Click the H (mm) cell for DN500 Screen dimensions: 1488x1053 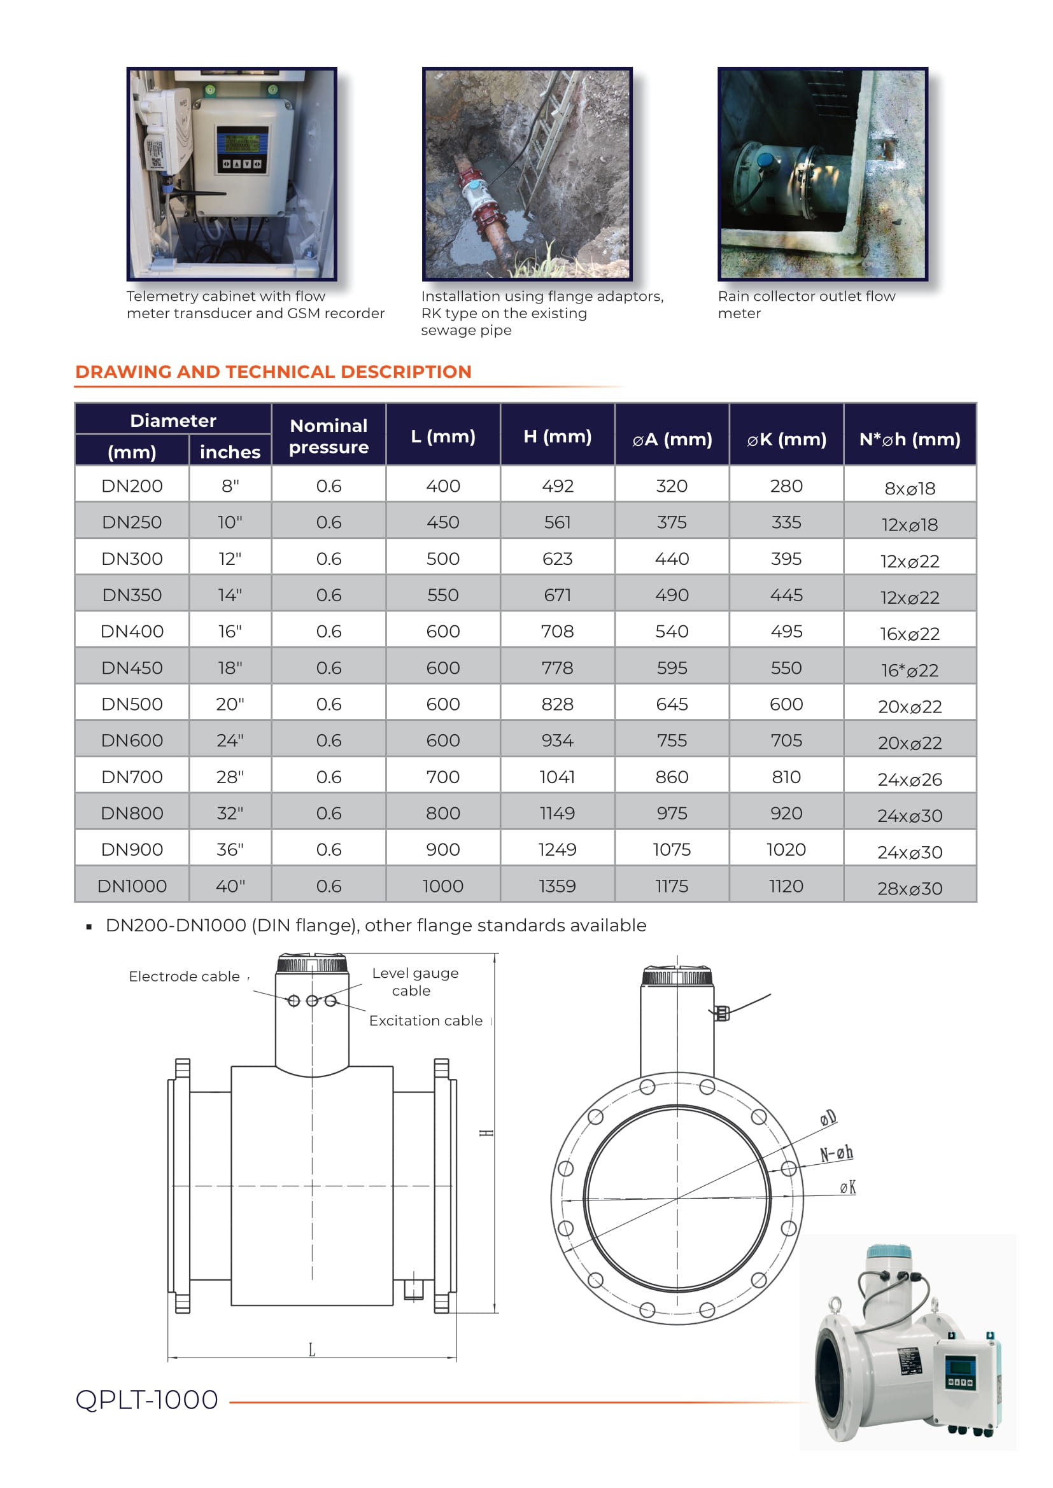(x=557, y=704)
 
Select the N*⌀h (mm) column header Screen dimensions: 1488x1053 (x=909, y=439)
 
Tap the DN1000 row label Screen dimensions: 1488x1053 (x=132, y=886)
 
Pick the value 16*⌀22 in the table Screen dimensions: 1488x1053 (x=909, y=669)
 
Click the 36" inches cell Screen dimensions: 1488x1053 (x=230, y=849)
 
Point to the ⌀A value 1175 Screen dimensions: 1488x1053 (x=671, y=886)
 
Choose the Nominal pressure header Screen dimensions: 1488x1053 (x=328, y=436)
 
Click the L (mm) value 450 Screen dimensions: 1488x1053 (x=442, y=522)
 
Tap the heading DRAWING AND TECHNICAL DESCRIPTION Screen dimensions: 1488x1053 (x=273, y=372)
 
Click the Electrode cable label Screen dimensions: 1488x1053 (x=184, y=976)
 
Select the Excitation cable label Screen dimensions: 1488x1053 (x=425, y=1020)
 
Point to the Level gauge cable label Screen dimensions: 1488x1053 (x=415, y=981)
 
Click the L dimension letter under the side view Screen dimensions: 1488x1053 (x=312, y=1349)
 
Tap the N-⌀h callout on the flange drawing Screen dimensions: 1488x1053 (x=836, y=1153)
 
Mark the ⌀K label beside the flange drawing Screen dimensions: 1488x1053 (x=847, y=1186)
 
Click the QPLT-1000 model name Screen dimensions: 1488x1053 (x=146, y=1399)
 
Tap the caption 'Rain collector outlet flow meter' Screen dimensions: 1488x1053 (x=806, y=304)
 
